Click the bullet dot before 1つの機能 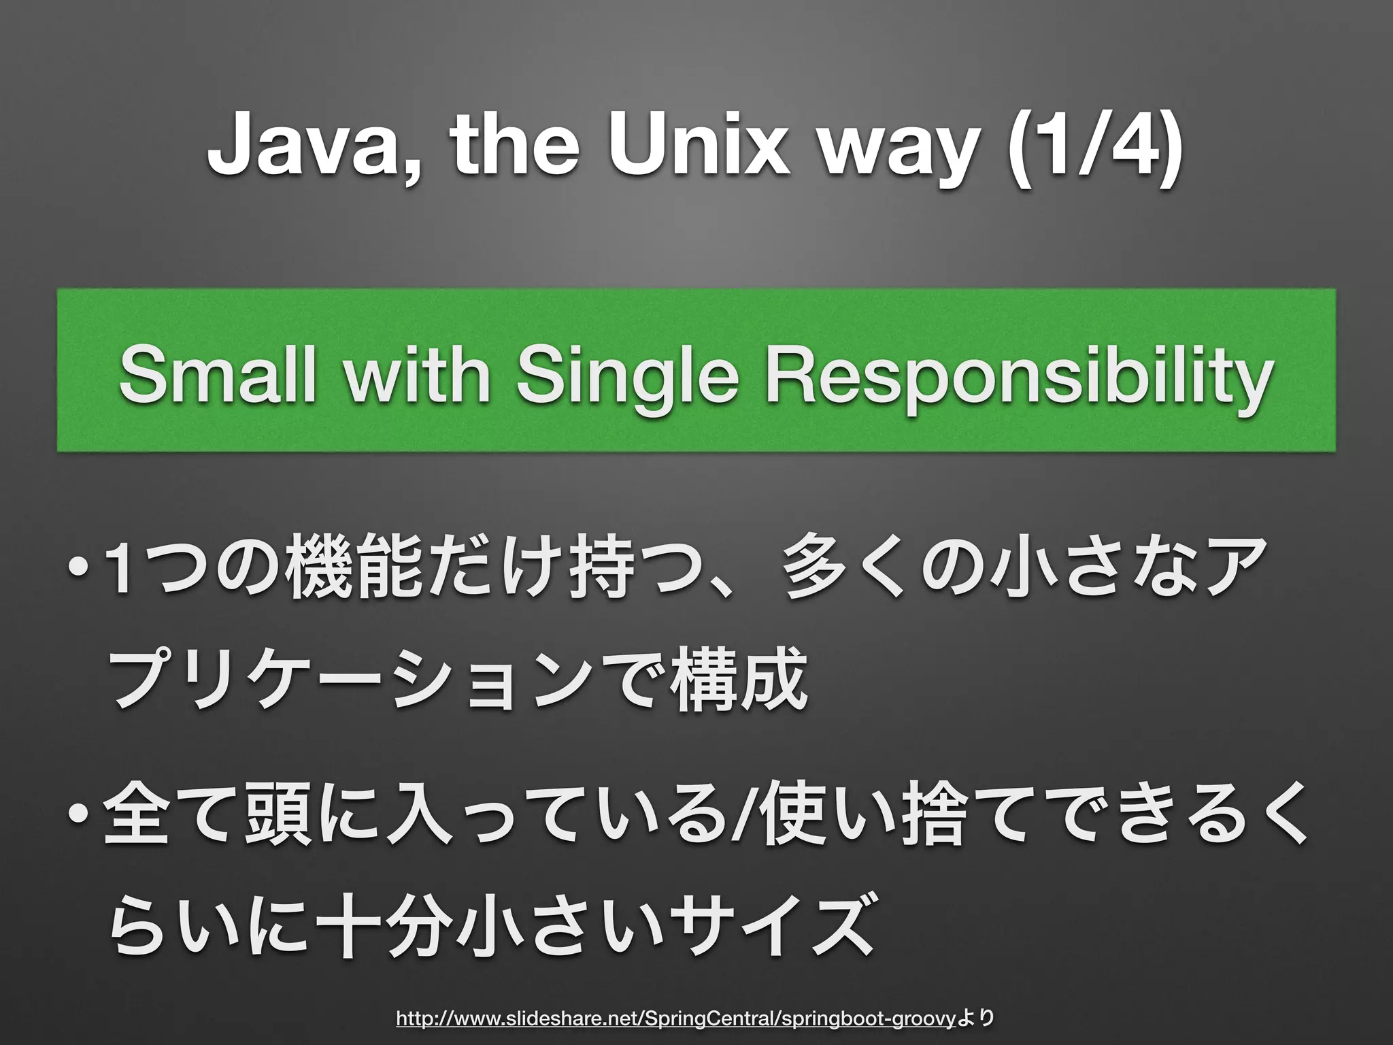pos(80,568)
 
